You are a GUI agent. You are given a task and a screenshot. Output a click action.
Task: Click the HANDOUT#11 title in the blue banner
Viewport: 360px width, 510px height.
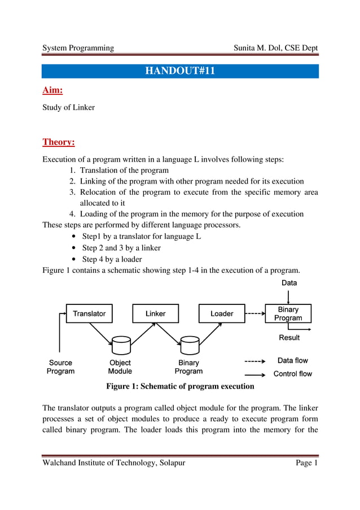tap(180, 71)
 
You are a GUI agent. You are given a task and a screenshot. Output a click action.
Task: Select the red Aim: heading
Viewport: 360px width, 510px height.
tap(52, 90)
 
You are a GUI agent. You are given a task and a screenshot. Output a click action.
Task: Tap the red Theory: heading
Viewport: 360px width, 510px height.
tap(59, 142)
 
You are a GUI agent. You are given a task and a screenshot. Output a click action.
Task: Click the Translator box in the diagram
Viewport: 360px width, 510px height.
tap(89, 313)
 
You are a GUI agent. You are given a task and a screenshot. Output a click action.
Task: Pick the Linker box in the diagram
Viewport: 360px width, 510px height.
tap(155, 313)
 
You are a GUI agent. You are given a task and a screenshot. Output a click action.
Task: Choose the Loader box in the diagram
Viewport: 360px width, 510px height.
tap(222, 313)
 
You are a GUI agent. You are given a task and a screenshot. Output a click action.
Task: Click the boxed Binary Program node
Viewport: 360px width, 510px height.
tap(288, 313)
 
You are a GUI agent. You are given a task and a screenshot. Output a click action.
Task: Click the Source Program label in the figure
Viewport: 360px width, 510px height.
tap(60, 367)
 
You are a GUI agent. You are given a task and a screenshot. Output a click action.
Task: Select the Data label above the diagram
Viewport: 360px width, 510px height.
tap(289, 282)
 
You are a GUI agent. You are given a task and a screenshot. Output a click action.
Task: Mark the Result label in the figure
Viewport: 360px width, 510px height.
tap(289, 338)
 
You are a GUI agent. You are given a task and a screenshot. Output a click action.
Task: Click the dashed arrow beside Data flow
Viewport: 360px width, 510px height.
tap(254, 361)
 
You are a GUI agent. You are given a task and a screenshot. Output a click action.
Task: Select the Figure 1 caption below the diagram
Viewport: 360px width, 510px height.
tap(180, 387)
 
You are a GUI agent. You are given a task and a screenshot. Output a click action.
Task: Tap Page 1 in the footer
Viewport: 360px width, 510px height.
tap(307, 464)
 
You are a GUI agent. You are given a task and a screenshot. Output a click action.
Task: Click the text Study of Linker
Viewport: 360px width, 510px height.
tap(69, 107)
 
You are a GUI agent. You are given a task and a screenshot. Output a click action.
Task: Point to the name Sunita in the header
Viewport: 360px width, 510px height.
tap(246, 48)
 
